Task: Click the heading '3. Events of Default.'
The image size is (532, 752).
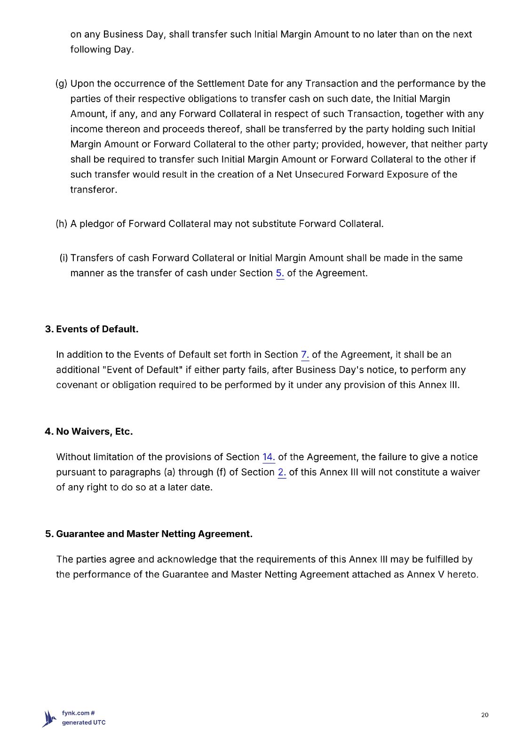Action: point(92,329)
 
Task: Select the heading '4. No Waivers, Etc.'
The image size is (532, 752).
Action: point(89,431)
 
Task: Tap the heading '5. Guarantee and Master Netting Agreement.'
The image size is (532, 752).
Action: point(149,534)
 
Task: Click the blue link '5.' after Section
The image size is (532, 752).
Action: point(280,273)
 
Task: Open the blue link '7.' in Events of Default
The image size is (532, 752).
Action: point(305,355)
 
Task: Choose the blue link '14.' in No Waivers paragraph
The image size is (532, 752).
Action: point(269,457)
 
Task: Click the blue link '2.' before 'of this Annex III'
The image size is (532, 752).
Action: point(282,472)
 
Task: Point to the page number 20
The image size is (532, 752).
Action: point(484,715)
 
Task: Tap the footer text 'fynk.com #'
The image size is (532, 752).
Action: point(79,713)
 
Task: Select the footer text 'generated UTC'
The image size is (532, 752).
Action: point(84,722)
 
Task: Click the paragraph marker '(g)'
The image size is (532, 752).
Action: point(62,84)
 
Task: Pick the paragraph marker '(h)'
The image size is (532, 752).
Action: point(62,224)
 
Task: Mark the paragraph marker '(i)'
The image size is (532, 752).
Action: point(64,258)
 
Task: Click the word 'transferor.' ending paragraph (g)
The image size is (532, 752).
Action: point(94,189)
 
